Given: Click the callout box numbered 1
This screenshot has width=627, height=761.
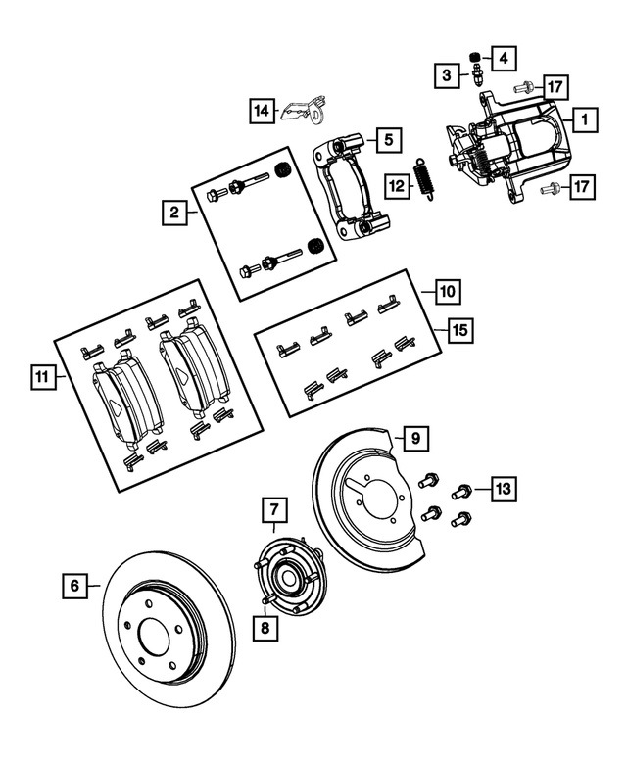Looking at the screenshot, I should coord(583,120).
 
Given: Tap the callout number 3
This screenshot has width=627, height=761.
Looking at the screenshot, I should coord(447,74).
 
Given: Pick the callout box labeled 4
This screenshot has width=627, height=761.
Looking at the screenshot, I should coord(503,58).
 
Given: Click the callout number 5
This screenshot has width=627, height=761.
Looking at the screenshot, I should coord(388,140).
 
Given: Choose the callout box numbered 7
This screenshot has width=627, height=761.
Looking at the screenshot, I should coord(274,509).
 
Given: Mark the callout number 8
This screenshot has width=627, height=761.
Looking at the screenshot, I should coord(264,627).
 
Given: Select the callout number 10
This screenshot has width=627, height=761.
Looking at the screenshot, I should coord(446,291).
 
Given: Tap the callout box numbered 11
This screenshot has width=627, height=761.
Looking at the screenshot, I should coord(39,375).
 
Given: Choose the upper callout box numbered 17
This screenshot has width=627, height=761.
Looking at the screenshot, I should coord(555,87).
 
